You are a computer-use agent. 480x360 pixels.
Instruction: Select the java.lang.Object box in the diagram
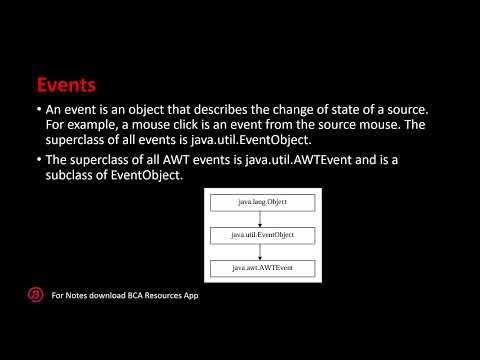263,202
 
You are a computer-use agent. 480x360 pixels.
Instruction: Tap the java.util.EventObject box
263,235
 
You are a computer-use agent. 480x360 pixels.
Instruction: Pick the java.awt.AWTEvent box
263,268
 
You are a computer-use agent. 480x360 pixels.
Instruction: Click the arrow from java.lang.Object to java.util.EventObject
263,219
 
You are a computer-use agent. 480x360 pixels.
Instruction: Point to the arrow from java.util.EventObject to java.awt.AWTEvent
263,252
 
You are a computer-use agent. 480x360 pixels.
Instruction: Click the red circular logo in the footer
34,295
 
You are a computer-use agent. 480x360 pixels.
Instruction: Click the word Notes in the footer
76,296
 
